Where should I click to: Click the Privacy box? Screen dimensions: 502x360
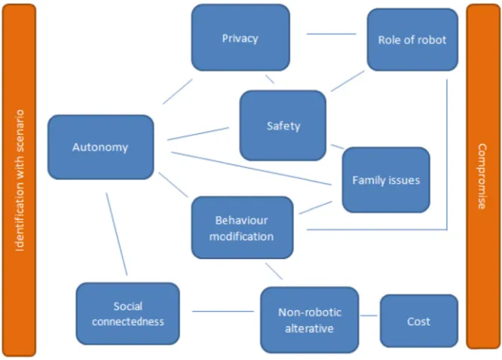click(240, 38)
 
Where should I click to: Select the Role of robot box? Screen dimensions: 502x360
click(412, 40)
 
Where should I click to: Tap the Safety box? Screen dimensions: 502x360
click(283, 126)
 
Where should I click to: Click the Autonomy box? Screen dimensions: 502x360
click(101, 147)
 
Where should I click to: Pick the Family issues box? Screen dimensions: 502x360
click(386, 180)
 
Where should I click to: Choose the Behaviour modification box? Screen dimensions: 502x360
click(243, 227)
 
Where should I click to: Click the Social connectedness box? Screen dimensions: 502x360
click(127, 313)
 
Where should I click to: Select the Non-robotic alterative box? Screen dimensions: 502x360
click(310, 320)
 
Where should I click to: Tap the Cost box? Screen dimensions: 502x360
click(419, 321)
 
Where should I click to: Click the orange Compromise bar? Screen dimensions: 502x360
click(483, 176)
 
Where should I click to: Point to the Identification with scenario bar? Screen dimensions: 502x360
click(19, 180)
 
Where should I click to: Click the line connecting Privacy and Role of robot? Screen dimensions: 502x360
click(332, 34)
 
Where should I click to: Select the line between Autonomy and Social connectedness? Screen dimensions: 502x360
click(117, 234)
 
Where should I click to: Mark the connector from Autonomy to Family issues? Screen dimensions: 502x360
click(251, 168)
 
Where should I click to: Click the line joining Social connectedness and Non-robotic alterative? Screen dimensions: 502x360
click(223, 311)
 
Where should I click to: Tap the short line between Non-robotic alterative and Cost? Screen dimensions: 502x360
click(369, 316)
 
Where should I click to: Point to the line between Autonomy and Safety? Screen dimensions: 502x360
click(198, 134)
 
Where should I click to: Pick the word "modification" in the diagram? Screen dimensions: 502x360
click(242, 236)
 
